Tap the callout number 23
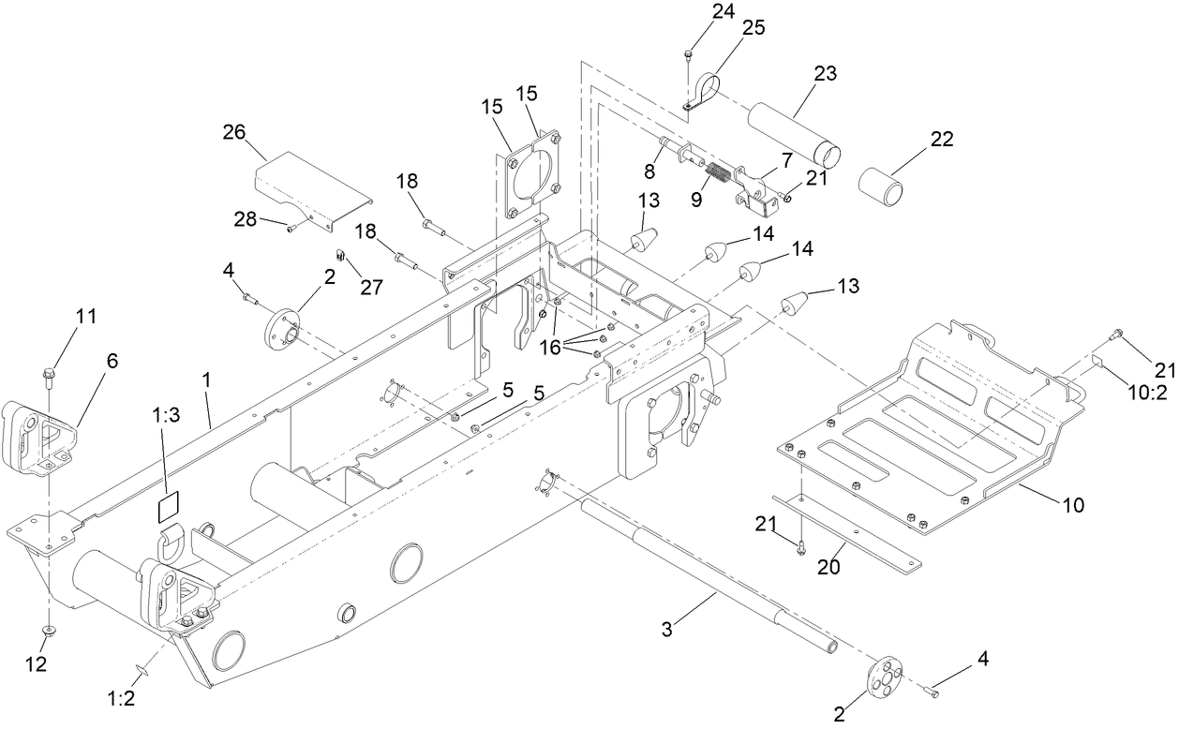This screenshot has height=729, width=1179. coord(826,74)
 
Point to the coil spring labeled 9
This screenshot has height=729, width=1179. coord(718,173)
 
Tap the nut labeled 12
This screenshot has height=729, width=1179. coord(48,628)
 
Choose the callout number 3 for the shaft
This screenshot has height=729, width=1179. coord(666,630)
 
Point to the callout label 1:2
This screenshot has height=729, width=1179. coord(121,698)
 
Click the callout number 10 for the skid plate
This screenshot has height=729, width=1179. coord(1072,506)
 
